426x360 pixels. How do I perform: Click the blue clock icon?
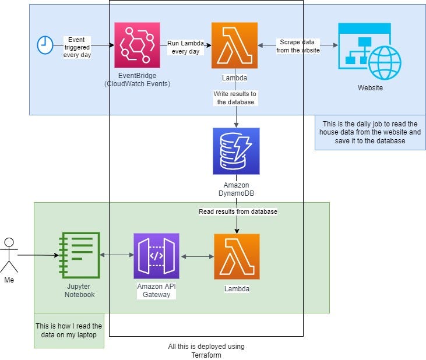(45, 45)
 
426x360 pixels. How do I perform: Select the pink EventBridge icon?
(137, 45)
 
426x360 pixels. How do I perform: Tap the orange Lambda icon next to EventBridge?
(234, 45)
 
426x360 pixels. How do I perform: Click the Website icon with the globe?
(369, 51)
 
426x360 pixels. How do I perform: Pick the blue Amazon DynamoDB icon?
(236, 151)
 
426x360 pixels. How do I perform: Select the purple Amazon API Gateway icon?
(156, 256)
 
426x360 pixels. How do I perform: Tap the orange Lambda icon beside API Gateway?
(237, 256)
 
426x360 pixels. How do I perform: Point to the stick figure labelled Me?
(9, 256)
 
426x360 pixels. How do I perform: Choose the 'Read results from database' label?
(238, 211)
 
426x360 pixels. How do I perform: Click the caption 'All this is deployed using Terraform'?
(206, 351)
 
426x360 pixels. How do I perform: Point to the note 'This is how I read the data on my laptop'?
(69, 330)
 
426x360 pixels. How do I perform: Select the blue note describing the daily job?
(370, 132)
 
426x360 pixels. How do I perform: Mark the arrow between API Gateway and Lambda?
(196, 256)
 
